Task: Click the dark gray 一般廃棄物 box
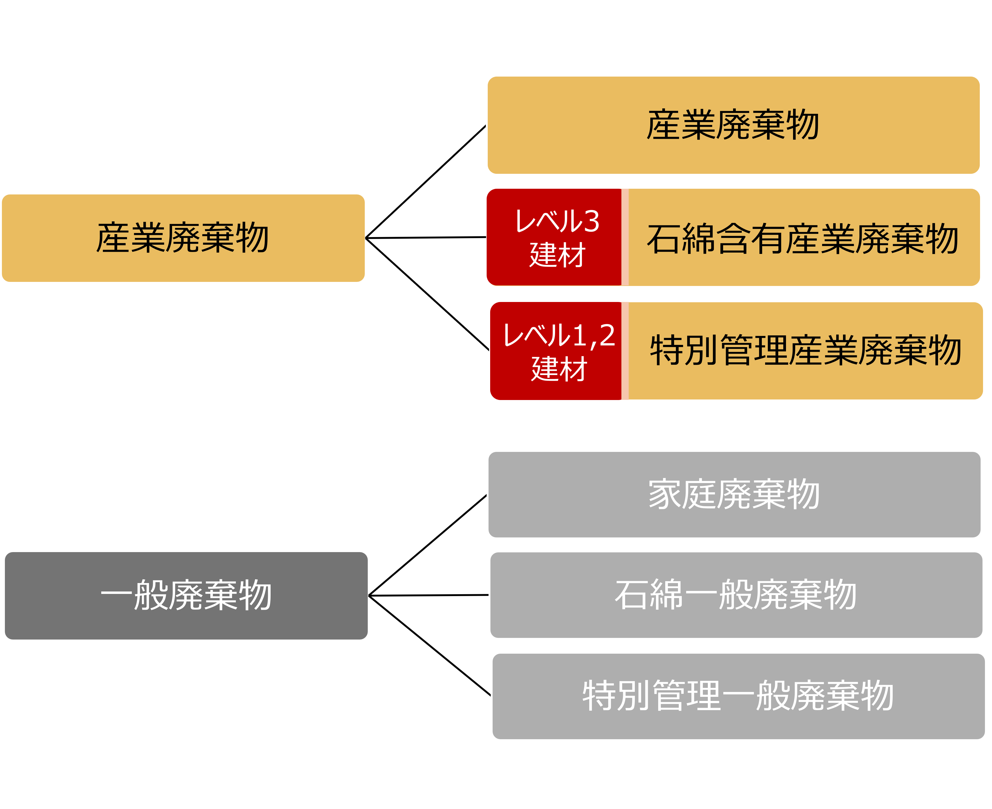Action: (186, 596)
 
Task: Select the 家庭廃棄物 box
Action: (734, 495)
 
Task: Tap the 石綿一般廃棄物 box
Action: (736, 595)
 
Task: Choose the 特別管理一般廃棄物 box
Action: (739, 696)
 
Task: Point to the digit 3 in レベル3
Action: (591, 221)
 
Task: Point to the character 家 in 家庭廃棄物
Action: (665, 495)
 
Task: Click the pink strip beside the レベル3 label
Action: (625, 237)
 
